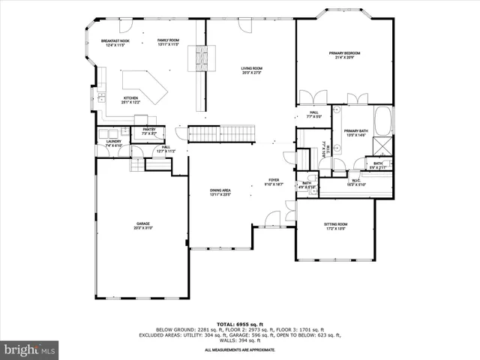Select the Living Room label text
[x=251, y=70]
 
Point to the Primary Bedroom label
[x=344, y=55]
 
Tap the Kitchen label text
[x=130, y=99]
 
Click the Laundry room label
[x=113, y=142]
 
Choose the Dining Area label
[x=220, y=192]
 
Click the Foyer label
[x=274, y=181]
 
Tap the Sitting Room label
[x=335, y=226]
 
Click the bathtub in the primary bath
[x=382, y=120]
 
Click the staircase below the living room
[x=222, y=133]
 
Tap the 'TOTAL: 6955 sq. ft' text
[x=240, y=323]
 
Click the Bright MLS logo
[x=30, y=349]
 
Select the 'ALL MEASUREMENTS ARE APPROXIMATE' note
[x=240, y=349]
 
